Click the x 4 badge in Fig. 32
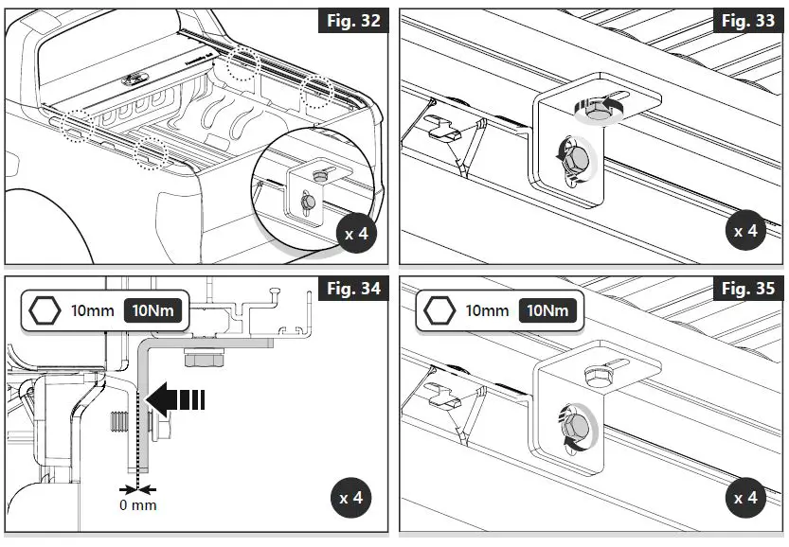[355, 233]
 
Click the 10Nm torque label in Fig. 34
[153, 309]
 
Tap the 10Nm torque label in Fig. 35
[547, 309]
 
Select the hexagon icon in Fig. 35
[439, 309]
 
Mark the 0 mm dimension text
[137, 505]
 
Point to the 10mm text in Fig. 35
[487, 309]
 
